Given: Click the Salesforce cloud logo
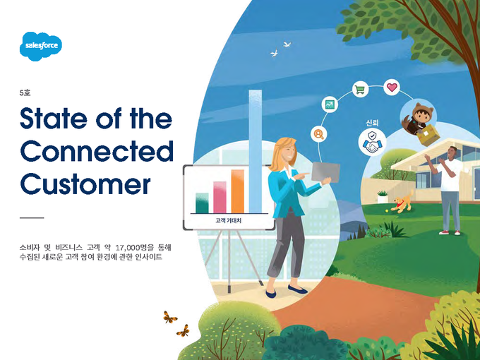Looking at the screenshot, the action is click(x=41, y=46).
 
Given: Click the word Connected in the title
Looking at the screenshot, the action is click(x=97, y=151).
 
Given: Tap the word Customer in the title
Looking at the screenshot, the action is click(x=85, y=184).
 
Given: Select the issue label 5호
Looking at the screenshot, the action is click(x=25, y=92).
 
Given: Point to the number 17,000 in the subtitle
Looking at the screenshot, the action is click(x=127, y=247).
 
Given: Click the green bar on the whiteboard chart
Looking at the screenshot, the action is click(x=202, y=203).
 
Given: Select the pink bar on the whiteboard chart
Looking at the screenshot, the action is click(x=220, y=197).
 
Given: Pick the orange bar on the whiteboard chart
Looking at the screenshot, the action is click(x=238, y=191).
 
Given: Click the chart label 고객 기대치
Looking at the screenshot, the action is click(x=229, y=220).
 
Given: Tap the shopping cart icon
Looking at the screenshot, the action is click(x=360, y=90).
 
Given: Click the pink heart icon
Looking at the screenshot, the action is click(x=392, y=88).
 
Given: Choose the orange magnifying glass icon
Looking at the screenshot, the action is click(x=318, y=134).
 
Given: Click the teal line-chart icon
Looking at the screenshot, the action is click(x=330, y=105).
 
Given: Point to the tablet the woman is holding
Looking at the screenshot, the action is click(x=325, y=172).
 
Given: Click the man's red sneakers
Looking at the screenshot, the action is click(x=450, y=233).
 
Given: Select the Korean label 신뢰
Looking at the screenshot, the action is click(x=372, y=123).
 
